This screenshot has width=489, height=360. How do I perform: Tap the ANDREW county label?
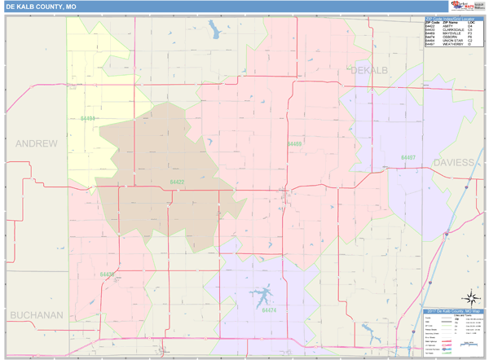37,143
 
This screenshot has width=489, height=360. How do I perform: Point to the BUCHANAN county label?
36,314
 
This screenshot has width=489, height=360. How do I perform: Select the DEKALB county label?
372,71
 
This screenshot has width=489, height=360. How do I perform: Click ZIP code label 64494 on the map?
88,119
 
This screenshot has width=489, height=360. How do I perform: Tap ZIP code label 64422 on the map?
177,182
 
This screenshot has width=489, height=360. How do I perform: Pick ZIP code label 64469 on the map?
294,144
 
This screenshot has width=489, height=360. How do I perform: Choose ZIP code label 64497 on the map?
407,157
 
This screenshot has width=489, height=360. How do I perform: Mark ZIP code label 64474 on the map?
269,310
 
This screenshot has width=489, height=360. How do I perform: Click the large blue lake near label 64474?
262,294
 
